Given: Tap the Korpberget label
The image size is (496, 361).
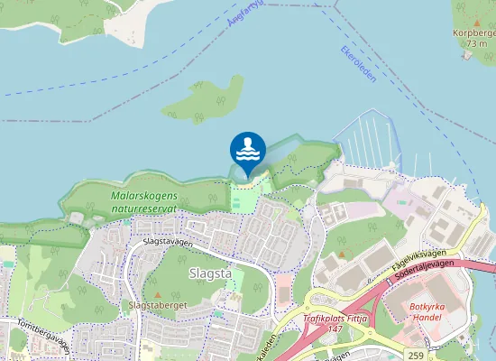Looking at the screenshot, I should [x=473, y=34].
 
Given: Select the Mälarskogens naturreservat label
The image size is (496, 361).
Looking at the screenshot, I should [x=144, y=201].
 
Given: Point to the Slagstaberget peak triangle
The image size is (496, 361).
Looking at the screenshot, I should [x=158, y=294].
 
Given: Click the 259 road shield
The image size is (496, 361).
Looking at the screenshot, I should [x=415, y=355].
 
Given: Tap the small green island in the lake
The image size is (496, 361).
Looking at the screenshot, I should [x=207, y=99].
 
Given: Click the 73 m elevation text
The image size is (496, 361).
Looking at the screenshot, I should [x=478, y=43].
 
